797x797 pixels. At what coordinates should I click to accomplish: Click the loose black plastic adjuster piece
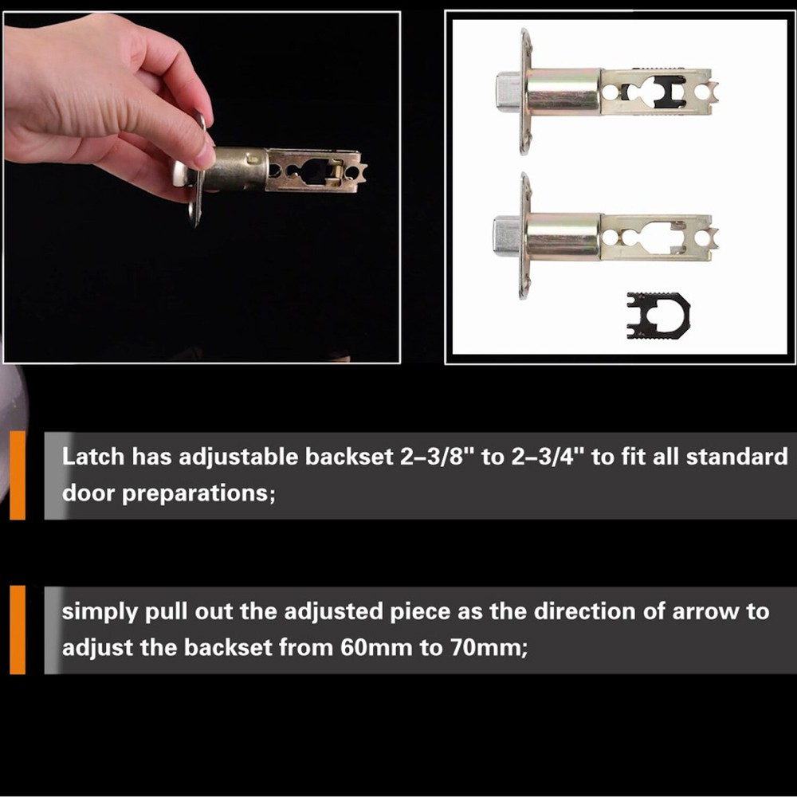coord(658,315)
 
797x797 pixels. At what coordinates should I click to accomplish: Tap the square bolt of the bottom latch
coord(507,236)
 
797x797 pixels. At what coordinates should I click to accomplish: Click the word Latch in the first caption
coord(93,457)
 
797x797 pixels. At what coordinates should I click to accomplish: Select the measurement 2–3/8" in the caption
coord(395,457)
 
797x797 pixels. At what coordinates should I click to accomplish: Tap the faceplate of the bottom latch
coord(525,236)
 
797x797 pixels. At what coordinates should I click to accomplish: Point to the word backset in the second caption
coord(228,647)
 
